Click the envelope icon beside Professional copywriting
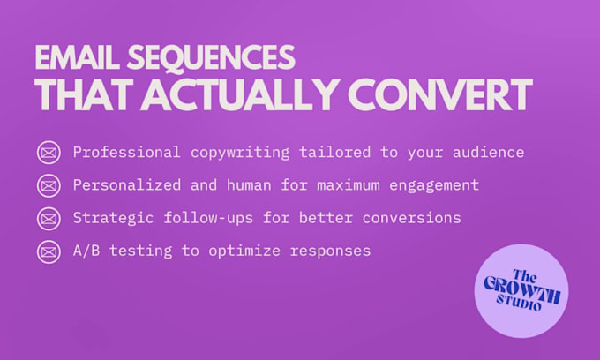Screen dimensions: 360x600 [x=49, y=153]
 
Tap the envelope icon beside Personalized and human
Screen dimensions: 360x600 [x=49, y=185]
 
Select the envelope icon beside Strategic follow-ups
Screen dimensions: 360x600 [x=49, y=218]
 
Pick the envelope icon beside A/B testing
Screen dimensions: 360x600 [x=49, y=251]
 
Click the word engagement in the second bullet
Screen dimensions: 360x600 [x=434, y=185]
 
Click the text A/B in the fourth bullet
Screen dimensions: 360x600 [x=86, y=251]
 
